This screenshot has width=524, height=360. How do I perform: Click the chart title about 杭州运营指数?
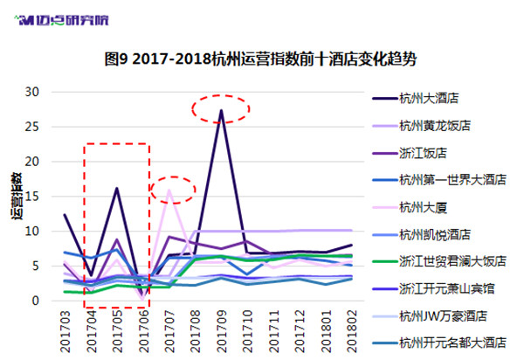point(260,59)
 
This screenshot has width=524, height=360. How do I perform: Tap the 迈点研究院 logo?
point(61,20)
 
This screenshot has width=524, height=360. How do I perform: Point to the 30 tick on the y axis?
point(32,92)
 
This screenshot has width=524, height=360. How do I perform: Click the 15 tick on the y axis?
point(32,197)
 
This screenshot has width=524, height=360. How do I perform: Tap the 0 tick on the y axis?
point(36,301)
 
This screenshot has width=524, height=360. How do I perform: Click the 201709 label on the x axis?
point(221,331)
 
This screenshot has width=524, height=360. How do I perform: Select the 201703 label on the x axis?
point(65,331)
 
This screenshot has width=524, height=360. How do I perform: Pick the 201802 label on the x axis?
point(352,331)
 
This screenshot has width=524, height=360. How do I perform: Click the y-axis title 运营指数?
point(17,197)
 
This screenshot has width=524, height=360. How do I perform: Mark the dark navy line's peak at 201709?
point(221,110)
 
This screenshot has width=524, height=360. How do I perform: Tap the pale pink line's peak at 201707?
point(169,190)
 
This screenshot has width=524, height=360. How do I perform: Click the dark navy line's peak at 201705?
point(117,188)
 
